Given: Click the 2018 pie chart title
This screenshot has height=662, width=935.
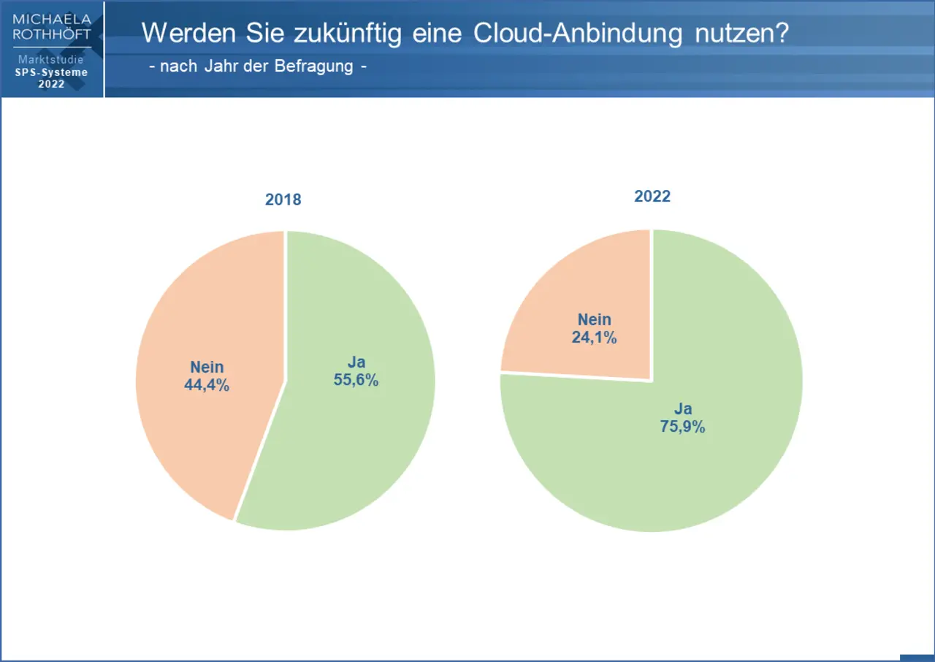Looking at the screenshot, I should [283, 199].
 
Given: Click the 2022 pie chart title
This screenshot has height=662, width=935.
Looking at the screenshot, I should [652, 197].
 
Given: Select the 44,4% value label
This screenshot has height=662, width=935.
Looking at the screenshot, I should [207, 385].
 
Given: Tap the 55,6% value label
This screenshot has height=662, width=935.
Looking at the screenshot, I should [356, 380].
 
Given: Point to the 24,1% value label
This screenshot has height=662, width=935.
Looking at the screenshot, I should [595, 338].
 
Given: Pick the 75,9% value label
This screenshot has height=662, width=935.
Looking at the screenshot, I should [683, 427].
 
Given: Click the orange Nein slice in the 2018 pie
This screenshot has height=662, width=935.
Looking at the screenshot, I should [197, 438].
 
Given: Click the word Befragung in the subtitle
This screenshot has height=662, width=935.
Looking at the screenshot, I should [313, 66].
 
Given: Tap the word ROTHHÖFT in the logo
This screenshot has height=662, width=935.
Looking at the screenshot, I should [52, 34].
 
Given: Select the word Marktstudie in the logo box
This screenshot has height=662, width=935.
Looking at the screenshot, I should [51, 59].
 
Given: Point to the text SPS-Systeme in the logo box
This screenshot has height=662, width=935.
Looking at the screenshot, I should [51, 72].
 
